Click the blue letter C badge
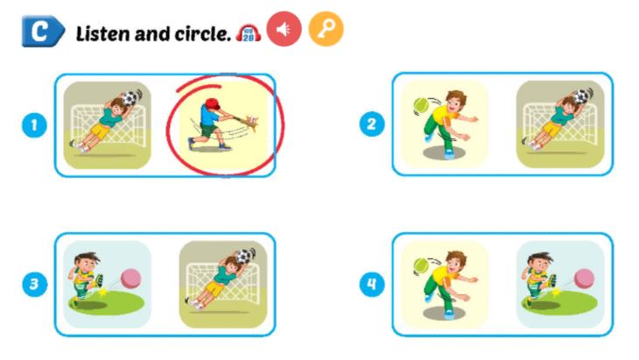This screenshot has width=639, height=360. click(x=42, y=32)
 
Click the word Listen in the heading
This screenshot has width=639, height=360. click(x=102, y=34)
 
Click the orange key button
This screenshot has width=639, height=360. click(x=326, y=30)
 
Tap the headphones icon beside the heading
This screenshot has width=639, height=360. click(x=249, y=32)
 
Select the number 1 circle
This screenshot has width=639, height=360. click(x=33, y=126)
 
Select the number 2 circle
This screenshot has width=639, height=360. click(x=371, y=124)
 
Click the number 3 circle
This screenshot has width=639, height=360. click(x=33, y=284)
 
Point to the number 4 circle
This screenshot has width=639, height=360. click(x=371, y=284)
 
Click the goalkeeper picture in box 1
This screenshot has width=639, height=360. click(x=107, y=124)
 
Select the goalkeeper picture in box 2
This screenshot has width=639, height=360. click(x=560, y=124)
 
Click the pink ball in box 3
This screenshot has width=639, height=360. click(x=130, y=278)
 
